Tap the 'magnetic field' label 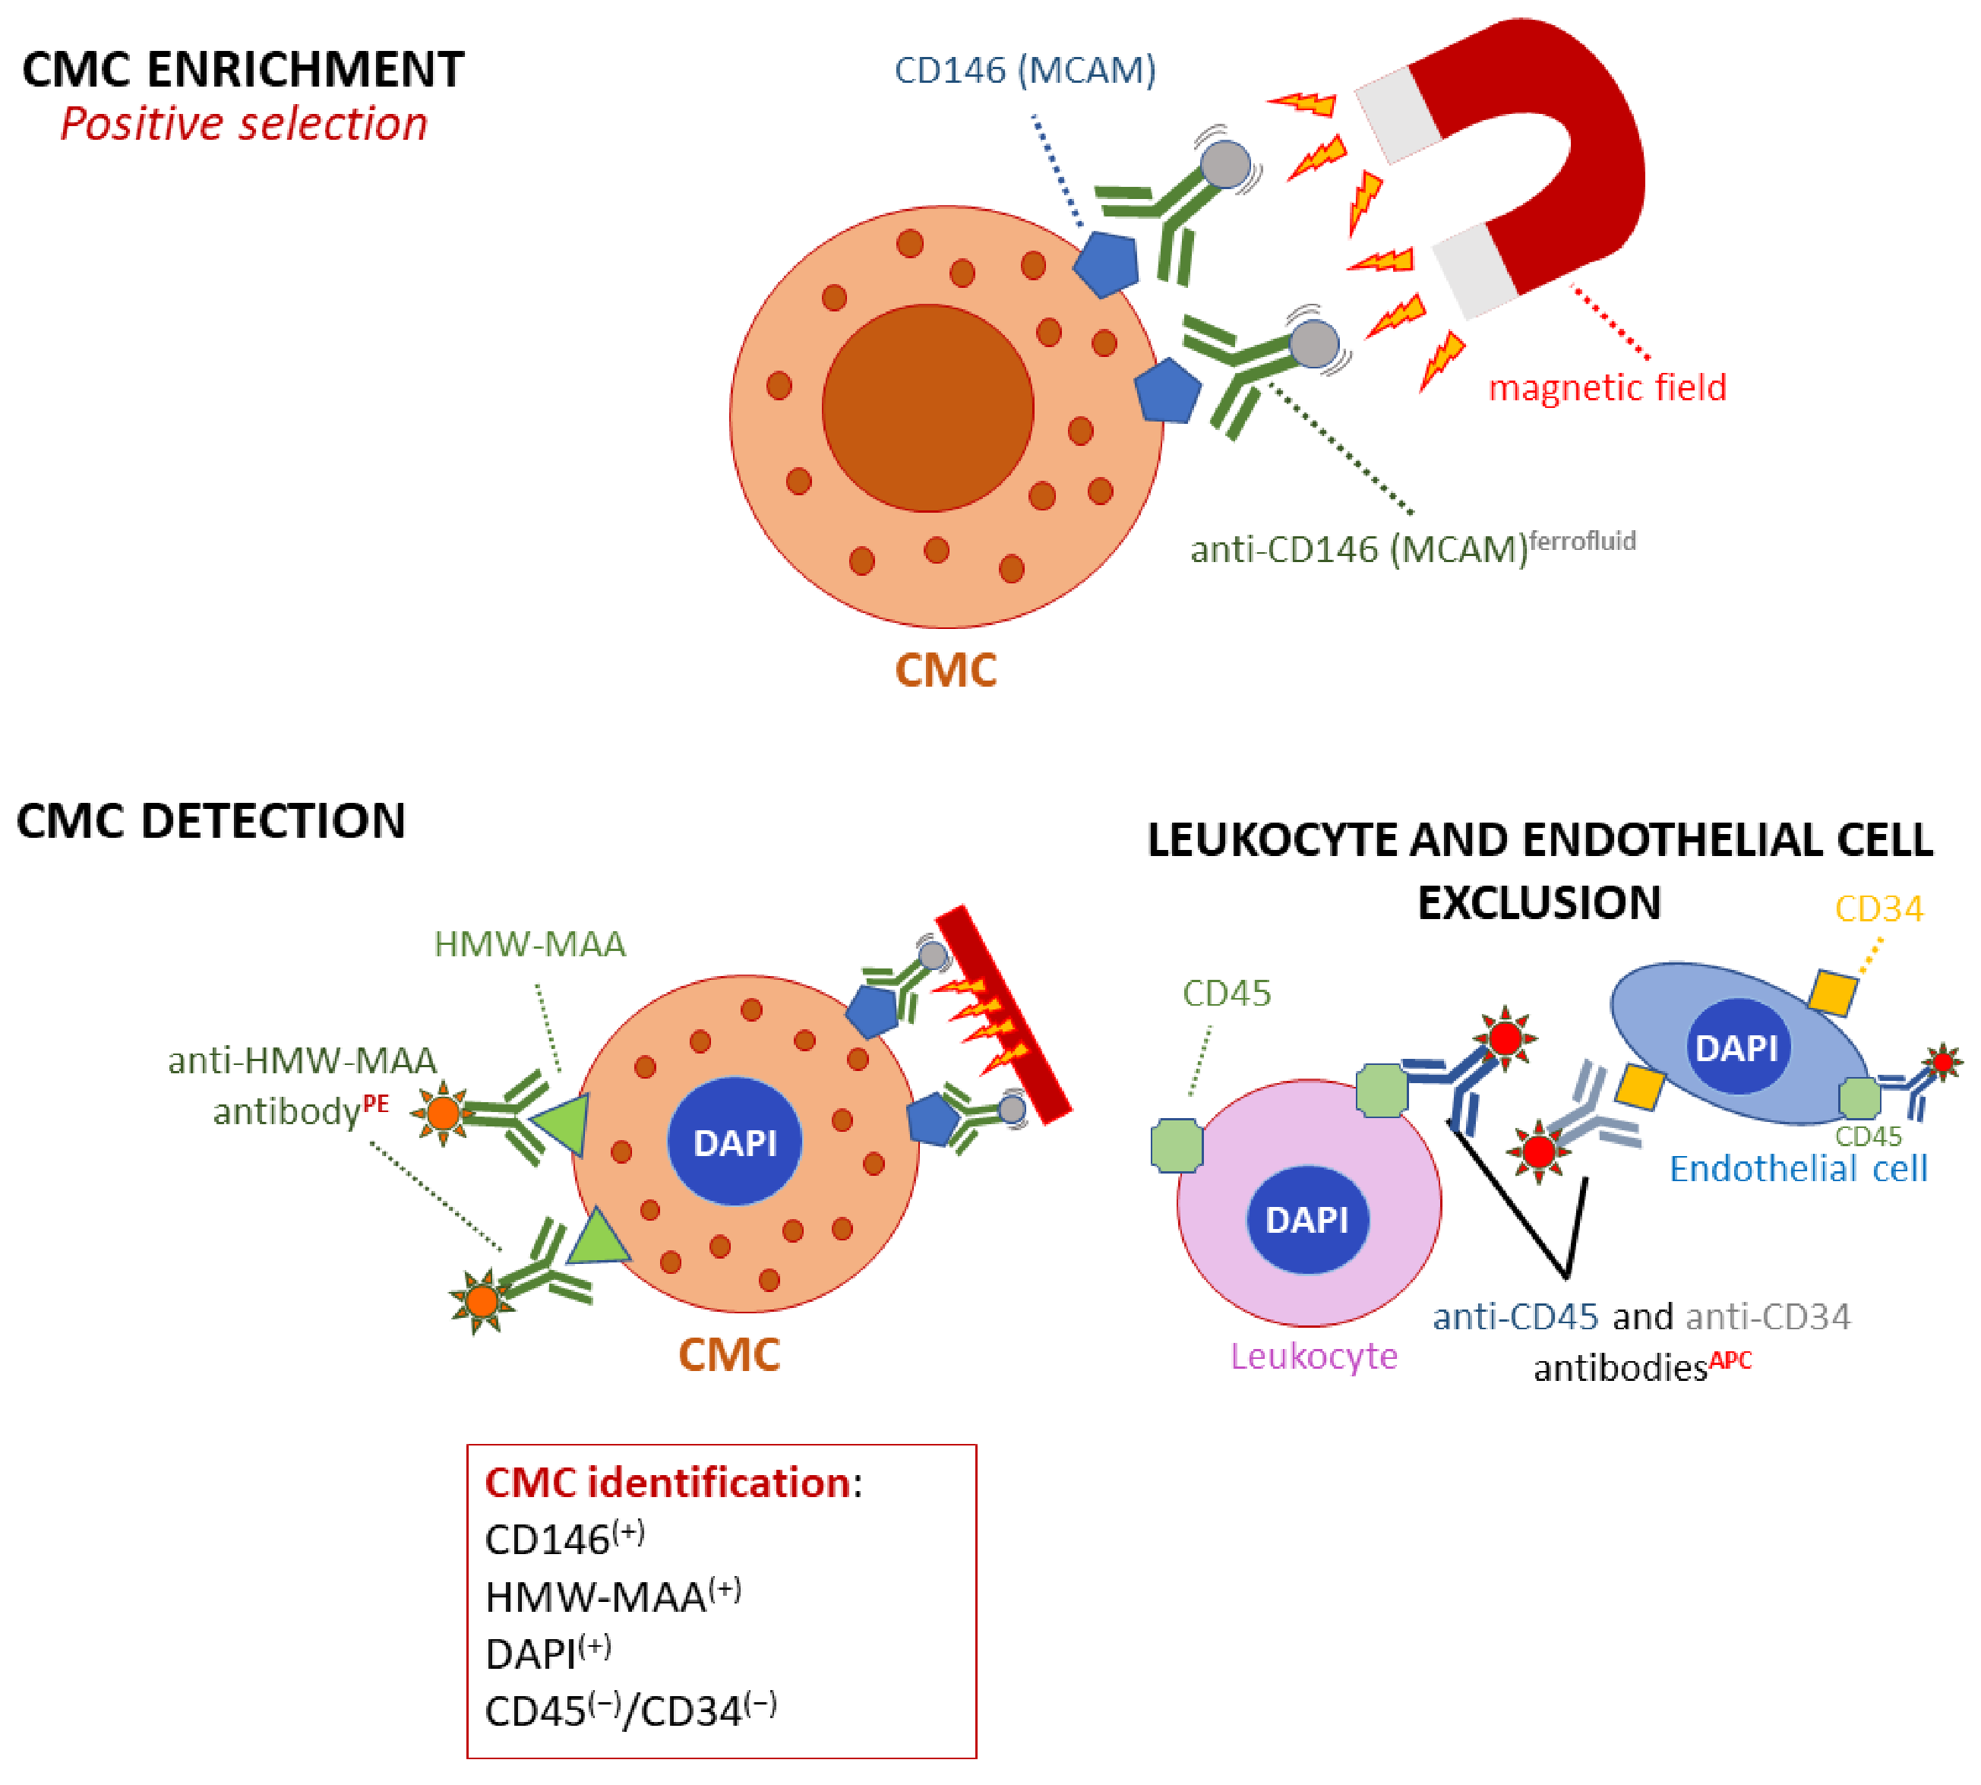tap(1607, 388)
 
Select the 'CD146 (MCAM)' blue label tap(1025, 71)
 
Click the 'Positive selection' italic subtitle tap(244, 125)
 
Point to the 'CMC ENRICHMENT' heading tap(243, 70)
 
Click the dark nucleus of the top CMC tap(927, 408)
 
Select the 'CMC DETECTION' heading tap(211, 821)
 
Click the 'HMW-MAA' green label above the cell tap(529, 944)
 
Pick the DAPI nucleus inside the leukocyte tap(1307, 1219)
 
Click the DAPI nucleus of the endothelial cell tap(1737, 1047)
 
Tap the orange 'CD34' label tap(1879, 909)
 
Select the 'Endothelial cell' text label tap(1799, 1169)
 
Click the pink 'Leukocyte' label tap(1314, 1357)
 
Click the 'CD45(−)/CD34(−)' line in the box tap(630, 1711)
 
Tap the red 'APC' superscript tap(1731, 1360)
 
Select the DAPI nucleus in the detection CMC tap(735, 1142)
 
